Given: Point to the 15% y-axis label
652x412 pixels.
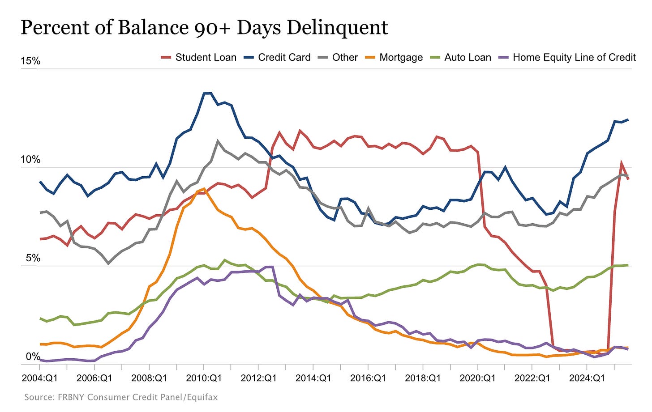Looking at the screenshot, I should (30, 61).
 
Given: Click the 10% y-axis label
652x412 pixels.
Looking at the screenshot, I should (30, 160).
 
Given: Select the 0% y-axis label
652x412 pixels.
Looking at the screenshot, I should (33, 357).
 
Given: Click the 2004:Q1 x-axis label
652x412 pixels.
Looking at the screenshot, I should (40, 378).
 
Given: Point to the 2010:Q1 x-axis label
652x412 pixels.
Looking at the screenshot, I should (204, 378).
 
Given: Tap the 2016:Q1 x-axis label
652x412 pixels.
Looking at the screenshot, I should (368, 378).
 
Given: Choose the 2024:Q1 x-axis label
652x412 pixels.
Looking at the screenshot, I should (587, 378).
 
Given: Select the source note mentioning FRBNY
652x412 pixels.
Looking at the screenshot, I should (121, 397).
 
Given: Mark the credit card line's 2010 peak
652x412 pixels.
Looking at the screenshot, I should (207, 93).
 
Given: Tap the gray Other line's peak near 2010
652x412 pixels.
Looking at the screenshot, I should (218, 141).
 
